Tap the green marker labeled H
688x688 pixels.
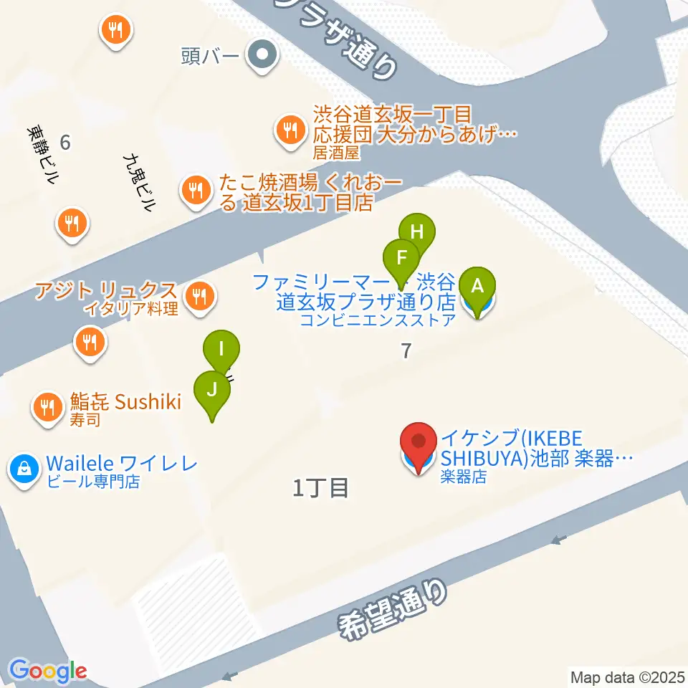[x=417, y=232]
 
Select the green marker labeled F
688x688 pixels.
[x=401, y=257]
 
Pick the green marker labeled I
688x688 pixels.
[x=221, y=350]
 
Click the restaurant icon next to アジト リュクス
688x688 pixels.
[x=198, y=297]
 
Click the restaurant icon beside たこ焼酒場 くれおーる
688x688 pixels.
[x=195, y=191]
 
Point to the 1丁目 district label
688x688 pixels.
[x=320, y=489]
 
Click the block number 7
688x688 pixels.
[x=406, y=350]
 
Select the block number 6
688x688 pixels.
[x=65, y=143]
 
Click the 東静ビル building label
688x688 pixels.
[x=42, y=156]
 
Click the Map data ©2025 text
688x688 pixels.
[x=627, y=677]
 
